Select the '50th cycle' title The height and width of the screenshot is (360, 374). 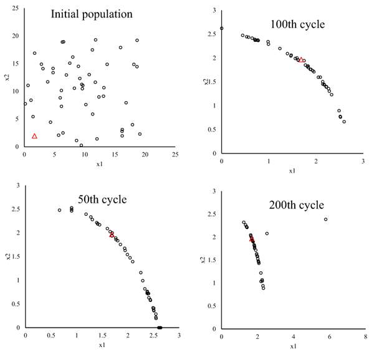[x=98, y=200]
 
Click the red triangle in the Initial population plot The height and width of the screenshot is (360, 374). [x=34, y=136]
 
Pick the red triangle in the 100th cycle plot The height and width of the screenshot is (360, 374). [x=300, y=60]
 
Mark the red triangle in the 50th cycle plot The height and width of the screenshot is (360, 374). [x=112, y=235]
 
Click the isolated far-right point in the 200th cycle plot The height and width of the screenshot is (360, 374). [x=325, y=219]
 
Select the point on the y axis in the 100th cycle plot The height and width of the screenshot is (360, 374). [x=222, y=29]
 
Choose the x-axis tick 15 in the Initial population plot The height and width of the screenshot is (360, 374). [x=115, y=153]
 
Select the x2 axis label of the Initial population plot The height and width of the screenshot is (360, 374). [x=6, y=77]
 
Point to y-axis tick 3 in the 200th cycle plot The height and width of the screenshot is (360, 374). [x=215, y=191]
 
